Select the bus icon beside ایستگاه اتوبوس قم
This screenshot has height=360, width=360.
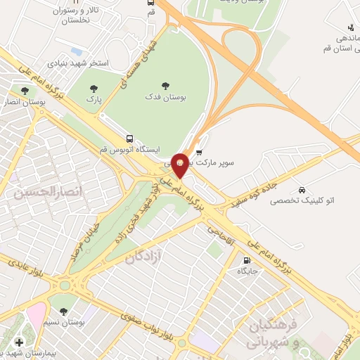coord(129,139)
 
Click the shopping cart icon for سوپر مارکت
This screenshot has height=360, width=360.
coord(199,152)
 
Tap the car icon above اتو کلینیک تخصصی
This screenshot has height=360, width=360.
coord(302,190)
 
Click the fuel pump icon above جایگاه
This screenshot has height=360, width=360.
coord(245,259)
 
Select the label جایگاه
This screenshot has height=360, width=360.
coord(248,271)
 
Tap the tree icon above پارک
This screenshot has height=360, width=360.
coord(94,89)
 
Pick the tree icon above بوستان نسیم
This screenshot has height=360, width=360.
coord(64,311)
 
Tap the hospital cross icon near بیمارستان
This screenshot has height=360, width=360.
coord(18,342)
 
